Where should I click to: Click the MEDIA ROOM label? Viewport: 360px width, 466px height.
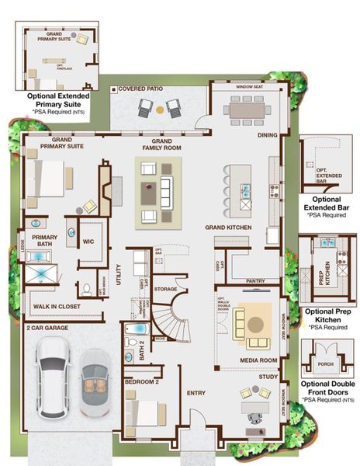(259, 360)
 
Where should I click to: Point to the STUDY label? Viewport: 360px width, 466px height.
(268, 377)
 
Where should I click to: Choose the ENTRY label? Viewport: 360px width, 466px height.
(196, 393)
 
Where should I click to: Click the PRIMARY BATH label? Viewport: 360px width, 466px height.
(44, 241)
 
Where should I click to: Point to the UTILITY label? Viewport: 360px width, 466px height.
(119, 276)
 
